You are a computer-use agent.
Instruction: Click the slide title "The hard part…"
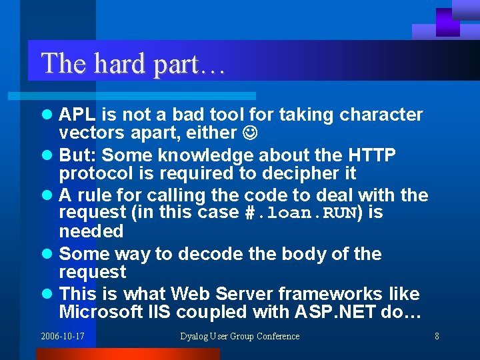point(133,64)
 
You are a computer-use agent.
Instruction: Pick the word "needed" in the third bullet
point(91,231)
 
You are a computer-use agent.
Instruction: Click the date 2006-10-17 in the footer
point(63,336)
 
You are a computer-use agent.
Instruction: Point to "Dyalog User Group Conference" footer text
point(240,336)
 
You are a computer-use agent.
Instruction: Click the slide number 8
point(437,336)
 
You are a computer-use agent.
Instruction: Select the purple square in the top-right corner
point(447,22)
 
